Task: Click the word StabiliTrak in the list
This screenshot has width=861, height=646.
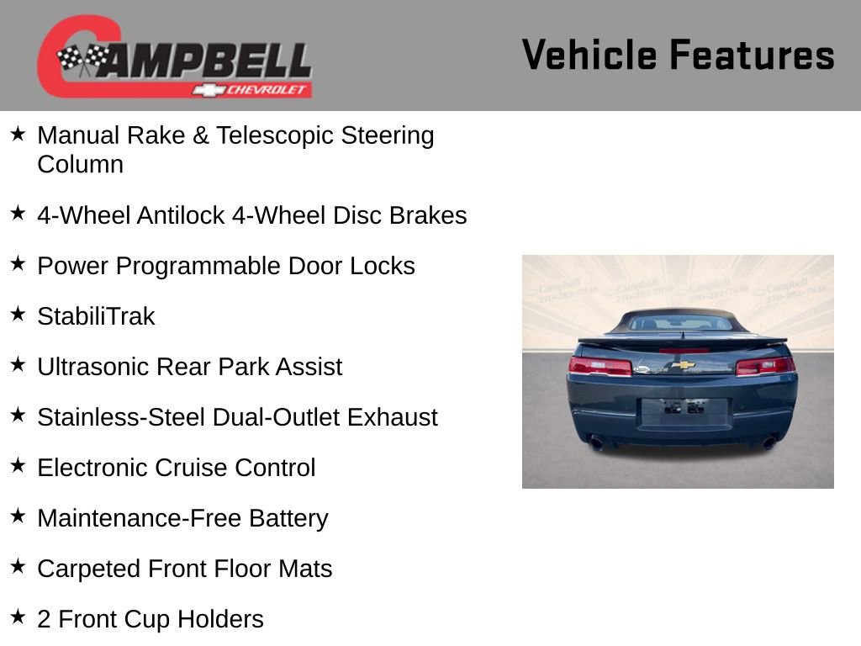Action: point(96,316)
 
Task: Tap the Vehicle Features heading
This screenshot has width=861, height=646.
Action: point(678,55)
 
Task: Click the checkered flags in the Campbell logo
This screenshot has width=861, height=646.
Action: point(83,58)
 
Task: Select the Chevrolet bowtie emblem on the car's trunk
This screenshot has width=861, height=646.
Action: point(683,365)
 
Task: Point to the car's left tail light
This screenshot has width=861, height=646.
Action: point(600,366)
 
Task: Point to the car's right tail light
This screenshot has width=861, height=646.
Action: point(764,366)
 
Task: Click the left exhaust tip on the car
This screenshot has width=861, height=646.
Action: point(596,442)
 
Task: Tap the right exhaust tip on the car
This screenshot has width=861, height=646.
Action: point(769,442)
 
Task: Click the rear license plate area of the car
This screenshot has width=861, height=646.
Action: point(683,410)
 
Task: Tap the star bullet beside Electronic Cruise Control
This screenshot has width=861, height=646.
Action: point(18,466)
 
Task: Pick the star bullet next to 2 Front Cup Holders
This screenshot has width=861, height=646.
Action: point(18,617)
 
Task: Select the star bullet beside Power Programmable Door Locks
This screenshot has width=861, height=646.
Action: point(18,264)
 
